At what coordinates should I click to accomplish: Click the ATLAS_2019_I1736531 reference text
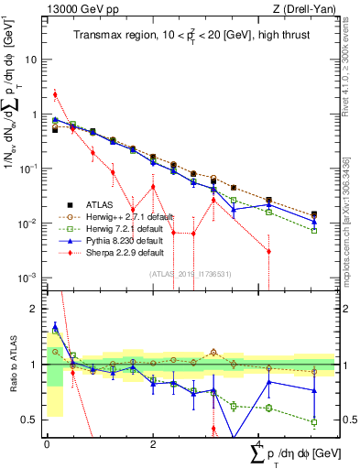click(x=190, y=272)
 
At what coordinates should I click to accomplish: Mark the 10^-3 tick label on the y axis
click(x=28, y=278)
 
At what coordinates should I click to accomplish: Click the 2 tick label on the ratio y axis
click(x=35, y=309)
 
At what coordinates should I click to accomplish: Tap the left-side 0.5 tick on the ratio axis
click(x=31, y=420)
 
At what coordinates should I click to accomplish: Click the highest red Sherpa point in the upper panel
click(x=55, y=94)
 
